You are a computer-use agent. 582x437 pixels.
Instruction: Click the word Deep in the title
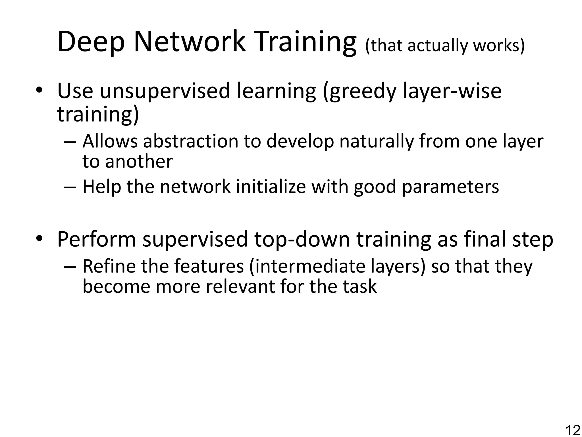click(91, 43)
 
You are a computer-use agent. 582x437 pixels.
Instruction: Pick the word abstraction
click(191, 141)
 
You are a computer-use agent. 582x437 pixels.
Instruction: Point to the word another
click(139, 162)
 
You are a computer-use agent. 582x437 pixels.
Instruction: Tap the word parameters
click(450, 187)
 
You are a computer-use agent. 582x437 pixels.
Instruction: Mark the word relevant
click(240, 286)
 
